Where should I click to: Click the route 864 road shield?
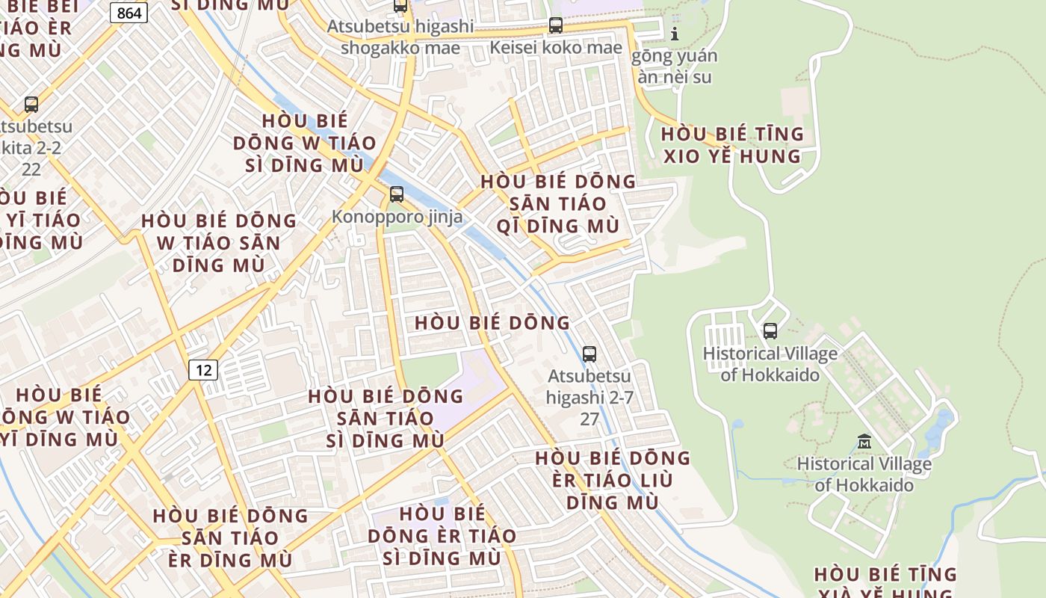(x=129, y=13)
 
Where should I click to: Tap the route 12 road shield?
(x=202, y=369)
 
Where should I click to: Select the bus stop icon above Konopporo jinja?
(x=397, y=194)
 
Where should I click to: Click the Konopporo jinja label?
(x=397, y=217)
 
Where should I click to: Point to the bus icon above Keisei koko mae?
(x=556, y=25)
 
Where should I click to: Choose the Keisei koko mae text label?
(x=556, y=48)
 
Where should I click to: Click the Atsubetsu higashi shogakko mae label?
(x=400, y=37)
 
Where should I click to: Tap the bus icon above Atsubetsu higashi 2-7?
(x=589, y=354)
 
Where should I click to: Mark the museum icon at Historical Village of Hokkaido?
(x=864, y=441)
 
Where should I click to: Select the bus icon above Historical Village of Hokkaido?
(x=770, y=330)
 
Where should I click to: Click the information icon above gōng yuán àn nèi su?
(x=675, y=34)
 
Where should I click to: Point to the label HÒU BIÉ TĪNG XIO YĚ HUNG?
(x=732, y=145)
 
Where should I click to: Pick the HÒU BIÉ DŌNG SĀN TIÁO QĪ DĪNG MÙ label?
(x=558, y=203)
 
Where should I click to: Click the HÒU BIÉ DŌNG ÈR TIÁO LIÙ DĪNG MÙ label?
(x=613, y=480)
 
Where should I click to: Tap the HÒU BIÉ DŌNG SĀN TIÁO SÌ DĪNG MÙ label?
(x=386, y=418)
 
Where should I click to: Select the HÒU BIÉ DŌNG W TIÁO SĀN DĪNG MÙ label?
(x=219, y=243)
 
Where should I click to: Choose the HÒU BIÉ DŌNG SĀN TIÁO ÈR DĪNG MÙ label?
(x=230, y=537)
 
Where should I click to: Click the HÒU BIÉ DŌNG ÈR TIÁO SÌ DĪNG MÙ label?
(x=442, y=536)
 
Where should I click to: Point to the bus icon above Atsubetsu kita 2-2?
(x=31, y=105)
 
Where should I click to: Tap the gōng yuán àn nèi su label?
(x=675, y=66)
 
